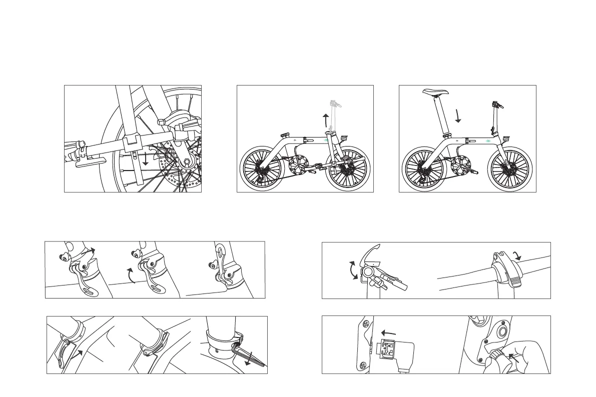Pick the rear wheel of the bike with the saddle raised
tap(425, 169)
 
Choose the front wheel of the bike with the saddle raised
tap(510, 169)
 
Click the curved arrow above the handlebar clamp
tap(517, 256)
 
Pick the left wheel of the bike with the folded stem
tap(260, 169)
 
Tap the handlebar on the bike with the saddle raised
tap(498, 105)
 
